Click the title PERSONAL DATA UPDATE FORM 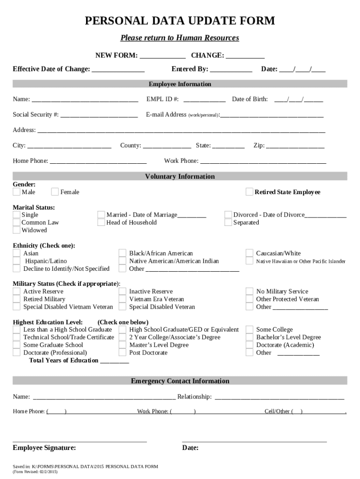pos(180,21)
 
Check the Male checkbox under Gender pos(16,192)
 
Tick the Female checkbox pos(55,192)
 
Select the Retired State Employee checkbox pos(250,192)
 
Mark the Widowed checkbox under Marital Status pos(16,230)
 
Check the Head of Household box pos(101,223)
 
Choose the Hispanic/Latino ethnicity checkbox pos(16,261)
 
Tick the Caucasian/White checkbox pos(249,254)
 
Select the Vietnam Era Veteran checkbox pos(122,299)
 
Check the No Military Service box pos(249,291)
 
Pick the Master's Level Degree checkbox pos(122,345)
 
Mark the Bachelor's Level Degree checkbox pos(249,337)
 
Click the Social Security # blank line pos(99,115)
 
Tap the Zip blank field pos(295,146)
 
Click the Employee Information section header pos(180,84)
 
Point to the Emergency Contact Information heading pos(180,381)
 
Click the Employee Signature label pos(44,448)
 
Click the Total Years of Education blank pos(115,361)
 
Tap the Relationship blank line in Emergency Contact pos(279,398)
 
